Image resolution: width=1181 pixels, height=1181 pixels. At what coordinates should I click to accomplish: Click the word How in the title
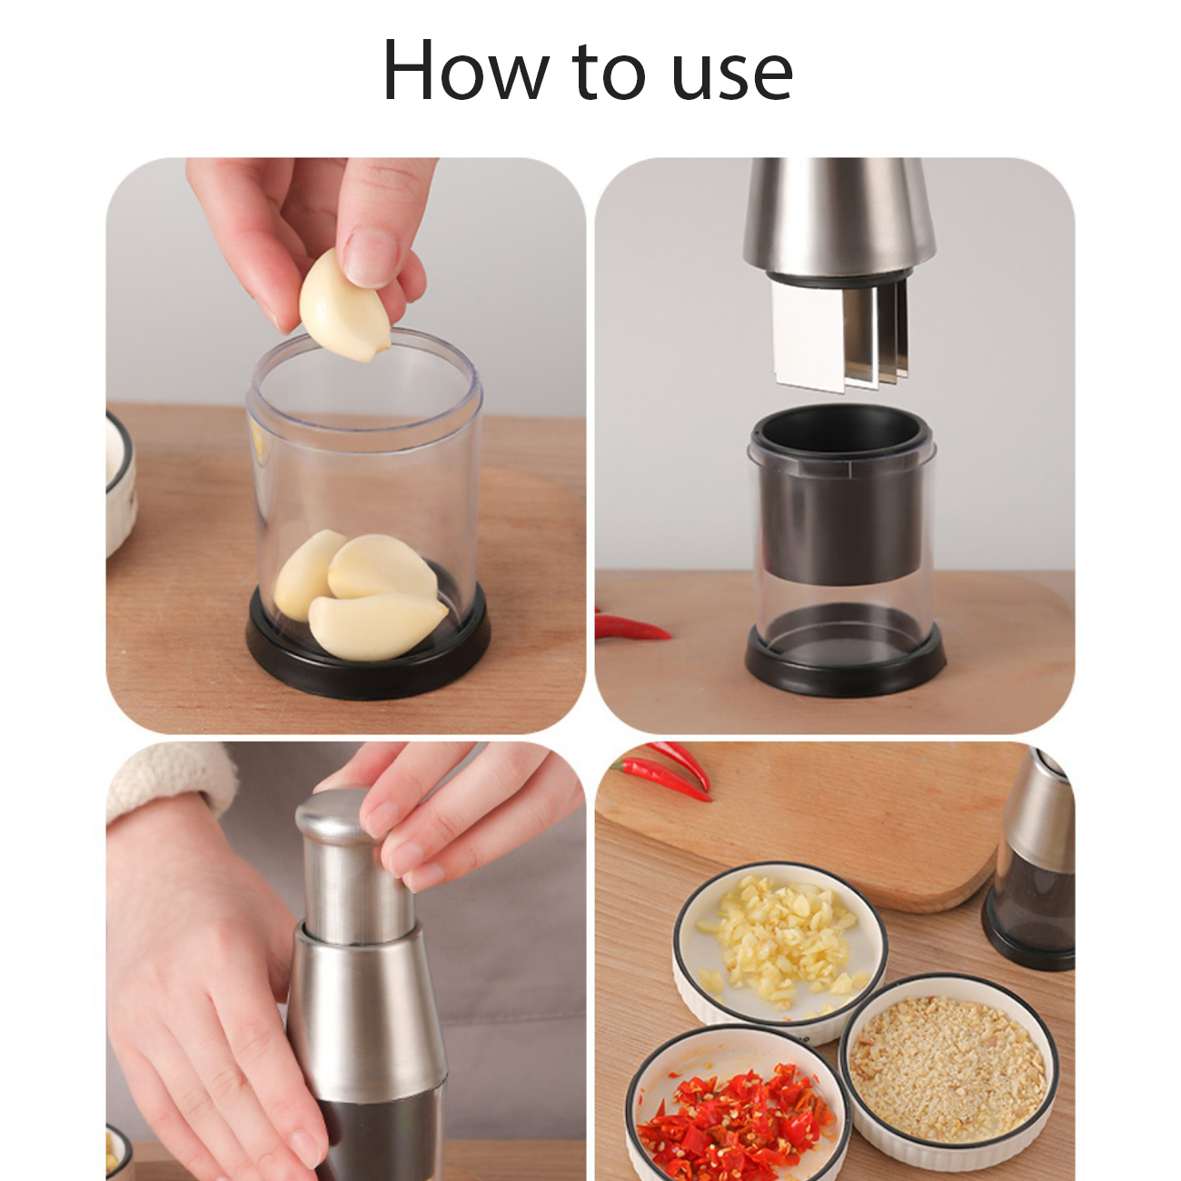[465, 71]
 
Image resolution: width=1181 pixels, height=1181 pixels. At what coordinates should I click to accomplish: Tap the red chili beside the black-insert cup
[631, 626]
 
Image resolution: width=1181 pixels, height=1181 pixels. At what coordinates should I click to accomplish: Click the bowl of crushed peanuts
[949, 1063]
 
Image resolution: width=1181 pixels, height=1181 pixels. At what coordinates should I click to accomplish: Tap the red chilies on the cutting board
[664, 769]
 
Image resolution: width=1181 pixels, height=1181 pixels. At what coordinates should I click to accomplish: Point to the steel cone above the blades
[839, 221]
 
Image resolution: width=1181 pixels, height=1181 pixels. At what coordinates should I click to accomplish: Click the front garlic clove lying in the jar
[377, 625]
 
